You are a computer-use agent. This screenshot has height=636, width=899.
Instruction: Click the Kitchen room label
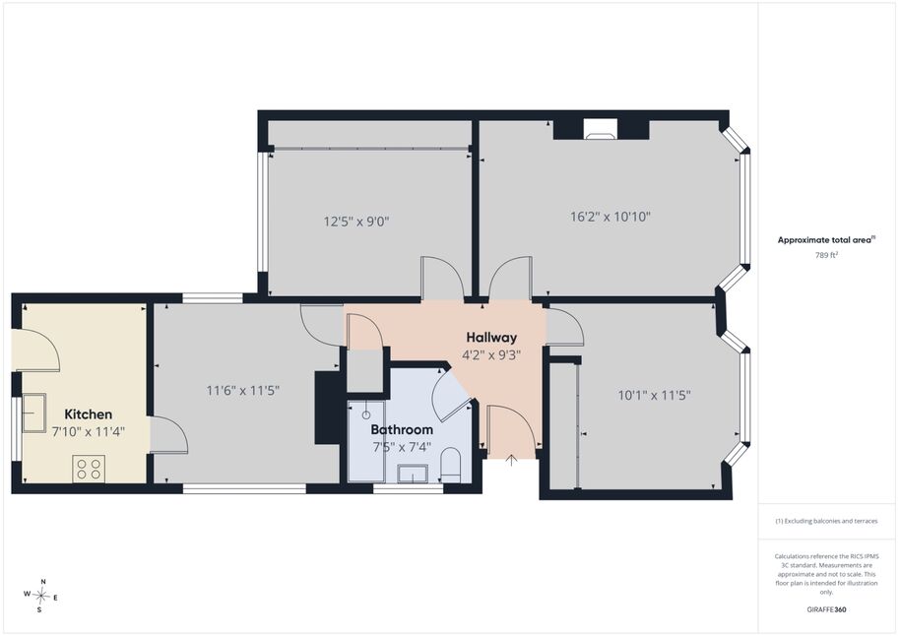click(x=89, y=414)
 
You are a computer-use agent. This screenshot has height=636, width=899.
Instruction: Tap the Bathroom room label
click(x=402, y=429)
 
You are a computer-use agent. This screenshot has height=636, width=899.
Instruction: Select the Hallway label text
click(x=491, y=338)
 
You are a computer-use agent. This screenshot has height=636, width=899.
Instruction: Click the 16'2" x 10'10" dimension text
click(x=610, y=217)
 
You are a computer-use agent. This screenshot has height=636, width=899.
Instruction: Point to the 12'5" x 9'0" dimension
click(x=356, y=222)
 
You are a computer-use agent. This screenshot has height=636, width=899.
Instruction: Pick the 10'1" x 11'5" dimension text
click(x=654, y=395)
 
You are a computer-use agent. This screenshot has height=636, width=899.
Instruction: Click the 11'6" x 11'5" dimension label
click(x=243, y=391)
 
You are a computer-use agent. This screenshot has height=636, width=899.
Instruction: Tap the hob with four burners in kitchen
click(x=89, y=469)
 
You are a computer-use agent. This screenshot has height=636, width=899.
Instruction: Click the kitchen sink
click(x=33, y=413)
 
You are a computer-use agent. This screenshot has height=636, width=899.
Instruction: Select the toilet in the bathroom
click(x=451, y=465)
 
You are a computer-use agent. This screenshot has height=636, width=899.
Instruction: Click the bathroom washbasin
click(x=413, y=474)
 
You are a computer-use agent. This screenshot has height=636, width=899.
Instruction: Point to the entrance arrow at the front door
click(x=511, y=460)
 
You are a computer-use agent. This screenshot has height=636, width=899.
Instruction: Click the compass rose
click(x=41, y=596)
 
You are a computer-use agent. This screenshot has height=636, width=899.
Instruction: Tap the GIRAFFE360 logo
click(x=826, y=609)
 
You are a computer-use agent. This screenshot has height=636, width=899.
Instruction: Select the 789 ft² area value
click(x=826, y=255)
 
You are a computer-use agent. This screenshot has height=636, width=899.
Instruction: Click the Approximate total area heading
click(x=825, y=240)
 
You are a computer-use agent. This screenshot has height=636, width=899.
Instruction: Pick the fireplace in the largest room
click(x=601, y=129)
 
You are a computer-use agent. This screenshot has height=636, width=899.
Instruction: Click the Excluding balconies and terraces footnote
click(x=826, y=521)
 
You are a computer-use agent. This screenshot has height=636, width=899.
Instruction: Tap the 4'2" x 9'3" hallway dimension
click(x=491, y=355)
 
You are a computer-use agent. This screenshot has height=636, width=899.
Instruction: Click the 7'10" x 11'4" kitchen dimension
click(x=89, y=432)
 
